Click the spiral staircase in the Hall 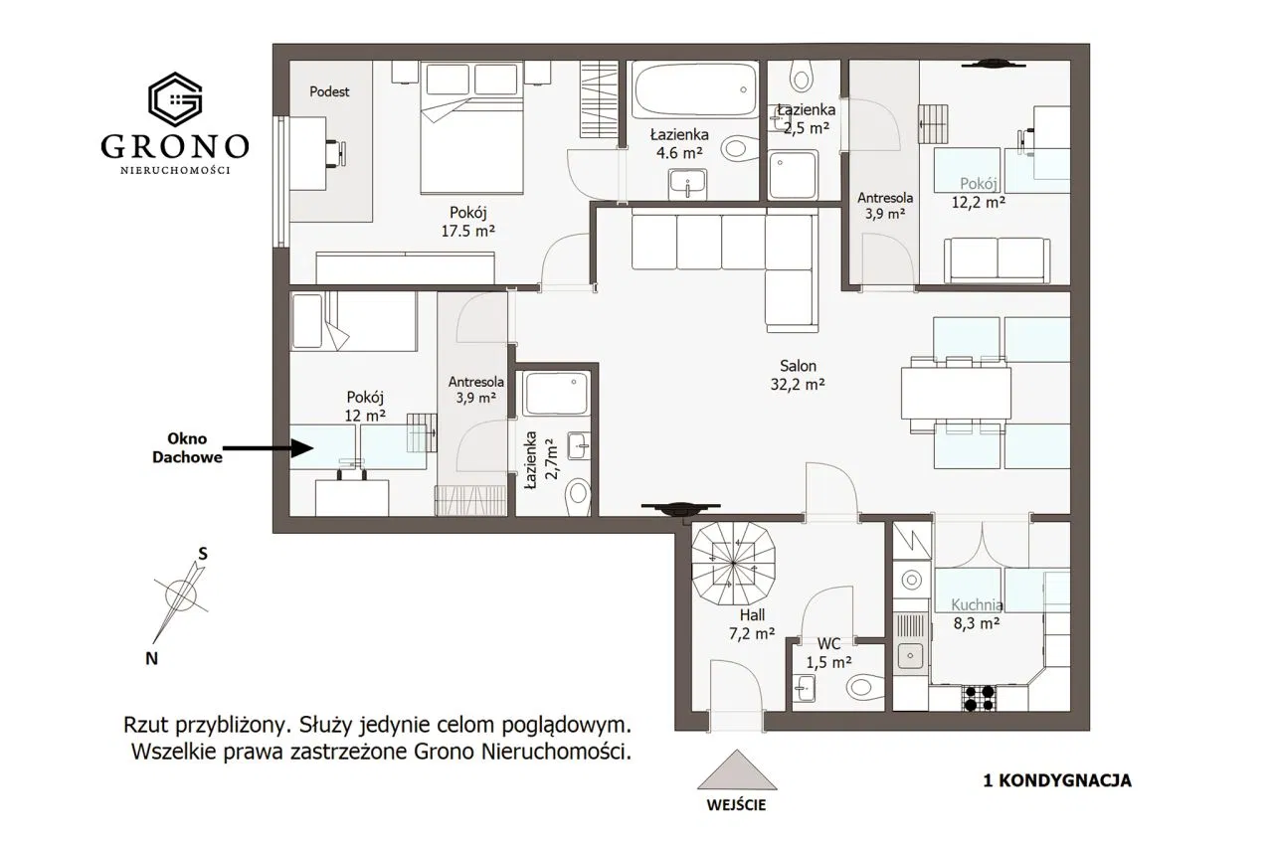pyautogui.click(x=733, y=564)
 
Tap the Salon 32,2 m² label pyautogui.click(x=798, y=375)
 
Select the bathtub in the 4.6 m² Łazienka pyautogui.click(x=694, y=89)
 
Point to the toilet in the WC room pyautogui.click(x=865, y=687)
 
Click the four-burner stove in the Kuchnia pyautogui.click(x=979, y=698)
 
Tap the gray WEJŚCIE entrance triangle pyautogui.click(x=737, y=769)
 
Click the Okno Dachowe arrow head pyautogui.click(x=302, y=448)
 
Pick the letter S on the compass pyautogui.click(x=202, y=554)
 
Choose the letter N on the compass pyautogui.click(x=152, y=659)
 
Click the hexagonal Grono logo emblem pyautogui.click(x=175, y=99)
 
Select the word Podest pyautogui.click(x=329, y=91)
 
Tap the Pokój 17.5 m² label pyautogui.click(x=468, y=222)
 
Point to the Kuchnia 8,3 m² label pyautogui.click(x=977, y=614)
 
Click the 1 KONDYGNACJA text pyautogui.click(x=1057, y=781)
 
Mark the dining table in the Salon pyautogui.click(x=956, y=393)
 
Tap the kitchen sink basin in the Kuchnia pyautogui.click(x=910, y=656)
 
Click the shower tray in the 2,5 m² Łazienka pyautogui.click(x=793, y=174)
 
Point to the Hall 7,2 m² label pyautogui.click(x=752, y=624)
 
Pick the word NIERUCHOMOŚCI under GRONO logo pyautogui.click(x=175, y=170)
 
